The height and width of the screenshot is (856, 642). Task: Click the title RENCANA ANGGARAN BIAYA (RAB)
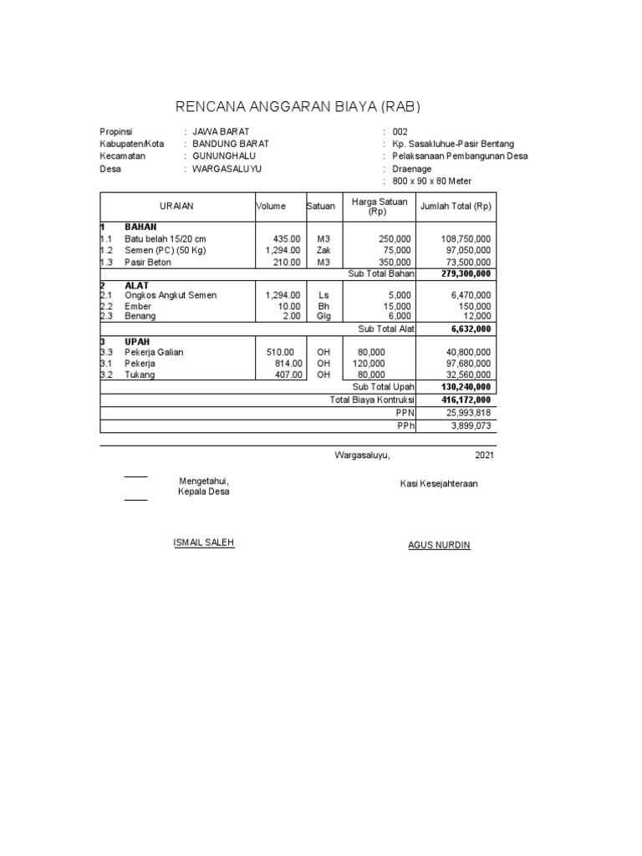298,106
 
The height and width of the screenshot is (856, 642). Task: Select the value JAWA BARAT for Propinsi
221,132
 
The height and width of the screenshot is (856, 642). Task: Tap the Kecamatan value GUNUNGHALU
224,156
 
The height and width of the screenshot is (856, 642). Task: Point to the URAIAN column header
177,206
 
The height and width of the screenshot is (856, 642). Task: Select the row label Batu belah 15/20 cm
165,239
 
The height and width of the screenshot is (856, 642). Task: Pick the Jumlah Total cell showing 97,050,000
466,251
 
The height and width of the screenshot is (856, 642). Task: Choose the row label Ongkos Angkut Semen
171,296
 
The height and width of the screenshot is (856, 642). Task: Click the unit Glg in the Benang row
324,316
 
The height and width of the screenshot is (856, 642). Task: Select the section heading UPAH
138,342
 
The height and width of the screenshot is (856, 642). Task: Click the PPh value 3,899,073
471,425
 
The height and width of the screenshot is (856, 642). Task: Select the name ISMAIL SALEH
203,543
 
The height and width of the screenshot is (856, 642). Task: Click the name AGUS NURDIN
439,545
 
